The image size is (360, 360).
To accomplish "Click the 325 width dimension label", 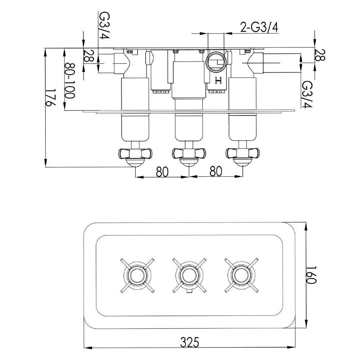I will point(189,341).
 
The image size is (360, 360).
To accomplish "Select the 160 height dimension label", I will point(312,276).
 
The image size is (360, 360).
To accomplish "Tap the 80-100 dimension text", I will point(69,81).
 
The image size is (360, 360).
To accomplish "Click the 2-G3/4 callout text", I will point(258,27).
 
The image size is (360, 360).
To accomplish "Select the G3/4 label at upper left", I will point(104,25).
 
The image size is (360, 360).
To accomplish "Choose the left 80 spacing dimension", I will point(162,172).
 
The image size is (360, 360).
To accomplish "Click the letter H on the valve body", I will point(217,81).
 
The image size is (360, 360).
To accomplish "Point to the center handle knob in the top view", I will point(189,154).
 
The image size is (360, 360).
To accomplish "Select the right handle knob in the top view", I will point(242,154).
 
